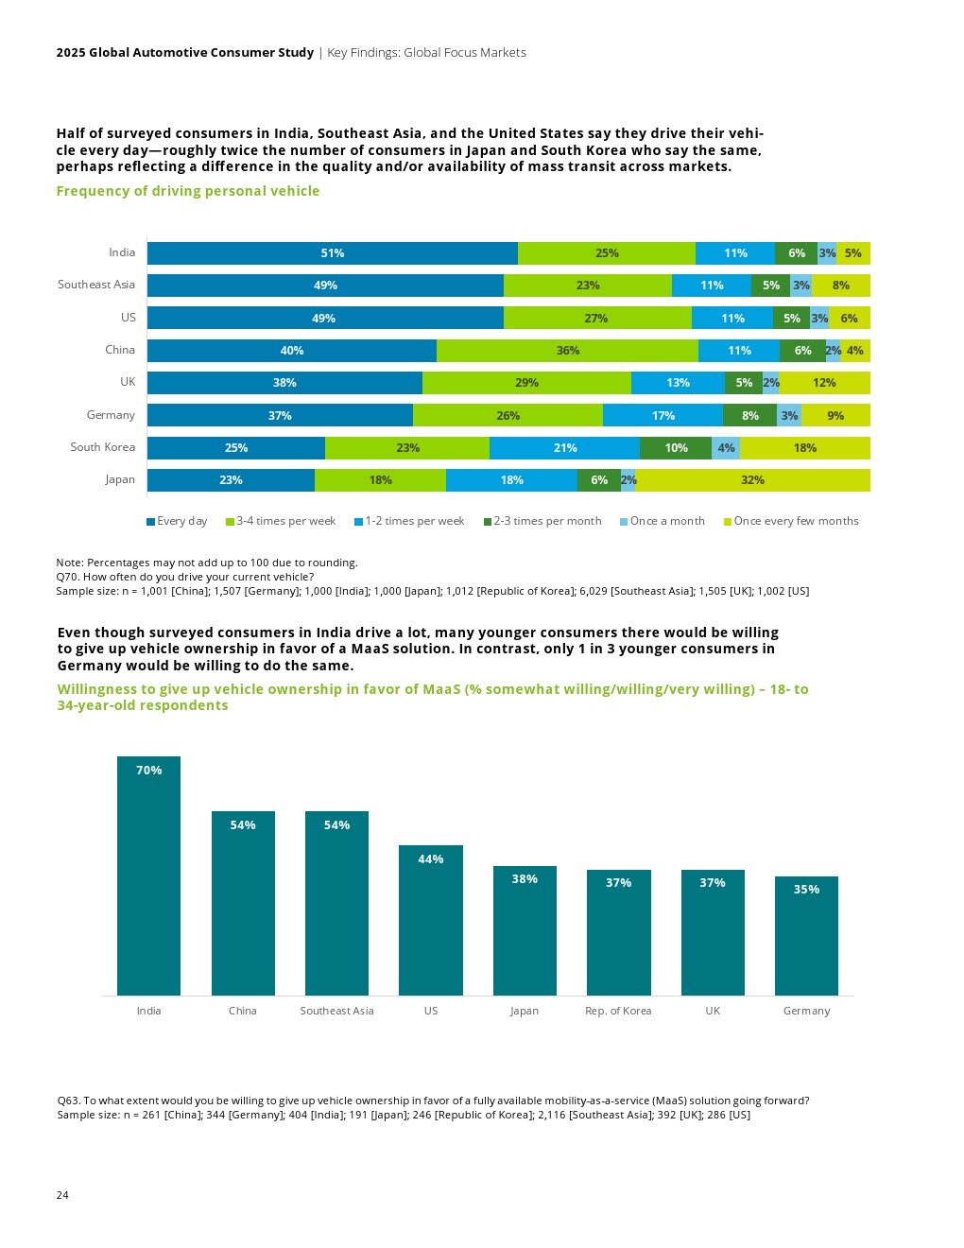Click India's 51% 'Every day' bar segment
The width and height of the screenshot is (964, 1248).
(x=332, y=253)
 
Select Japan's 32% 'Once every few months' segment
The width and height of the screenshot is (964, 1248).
(x=752, y=480)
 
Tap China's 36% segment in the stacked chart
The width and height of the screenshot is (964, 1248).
(x=567, y=351)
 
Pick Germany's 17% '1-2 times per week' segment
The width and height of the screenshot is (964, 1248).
(x=663, y=416)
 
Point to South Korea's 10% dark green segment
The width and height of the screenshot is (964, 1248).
(x=676, y=448)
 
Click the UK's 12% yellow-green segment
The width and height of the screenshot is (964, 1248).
(x=824, y=383)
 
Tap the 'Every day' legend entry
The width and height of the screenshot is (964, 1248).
(x=177, y=521)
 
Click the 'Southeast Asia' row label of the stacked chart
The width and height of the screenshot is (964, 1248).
(x=96, y=285)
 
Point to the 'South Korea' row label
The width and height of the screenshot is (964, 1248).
(x=102, y=447)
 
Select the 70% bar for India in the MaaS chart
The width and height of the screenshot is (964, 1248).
(x=148, y=875)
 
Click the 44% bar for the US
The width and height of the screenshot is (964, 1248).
(x=431, y=919)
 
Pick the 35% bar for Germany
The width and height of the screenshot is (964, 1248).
(x=806, y=935)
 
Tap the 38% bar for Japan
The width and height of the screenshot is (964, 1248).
(x=525, y=929)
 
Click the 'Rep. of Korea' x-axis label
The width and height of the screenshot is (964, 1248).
(x=618, y=1011)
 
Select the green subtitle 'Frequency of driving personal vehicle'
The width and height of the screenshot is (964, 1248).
(x=188, y=191)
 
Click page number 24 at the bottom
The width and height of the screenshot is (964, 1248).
(x=62, y=1195)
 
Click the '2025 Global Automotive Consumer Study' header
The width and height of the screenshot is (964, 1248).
(x=185, y=53)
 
